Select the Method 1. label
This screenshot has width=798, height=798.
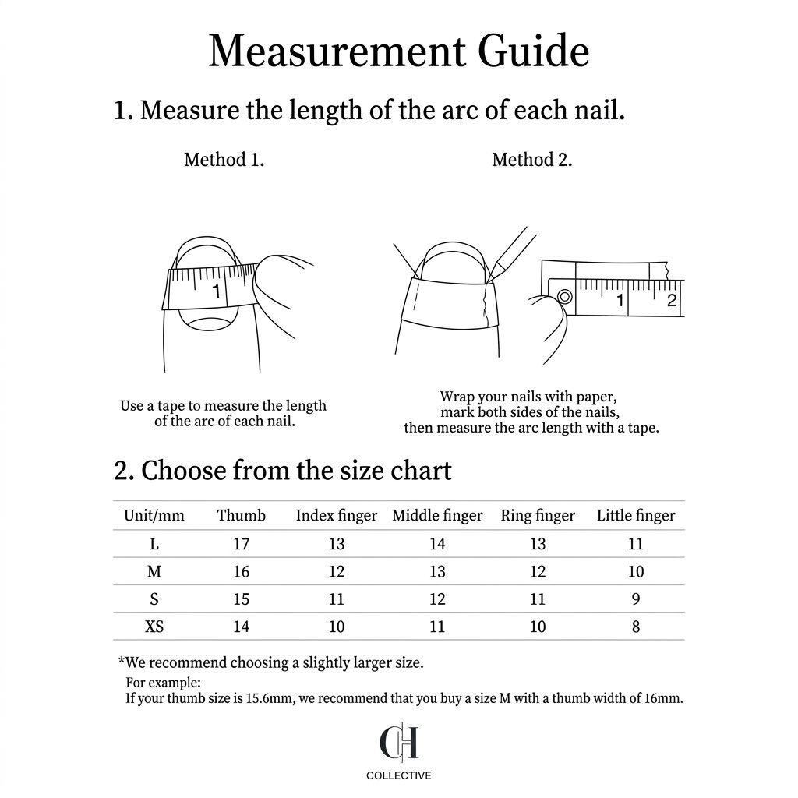pos(224,160)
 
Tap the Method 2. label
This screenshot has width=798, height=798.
pos(531,160)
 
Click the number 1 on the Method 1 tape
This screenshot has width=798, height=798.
pos(217,291)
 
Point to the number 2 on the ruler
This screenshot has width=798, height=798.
pos(672,301)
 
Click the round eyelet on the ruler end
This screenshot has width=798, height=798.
pos(564,296)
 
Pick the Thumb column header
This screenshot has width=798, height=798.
pos(241,515)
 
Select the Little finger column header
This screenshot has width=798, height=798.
pos(636,515)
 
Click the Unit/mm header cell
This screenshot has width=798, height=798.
pos(154,515)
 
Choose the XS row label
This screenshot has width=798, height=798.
pos(154,627)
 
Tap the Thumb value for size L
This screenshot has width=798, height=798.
pos(241,544)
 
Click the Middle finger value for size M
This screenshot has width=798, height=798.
pos(437,571)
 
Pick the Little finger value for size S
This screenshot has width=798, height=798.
pos(636,599)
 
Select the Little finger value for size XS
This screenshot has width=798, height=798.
pos(636,627)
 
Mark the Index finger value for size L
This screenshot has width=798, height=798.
pos(336,544)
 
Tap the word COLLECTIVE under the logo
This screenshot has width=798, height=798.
pos(399,775)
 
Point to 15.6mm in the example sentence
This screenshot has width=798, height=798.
pos(269,698)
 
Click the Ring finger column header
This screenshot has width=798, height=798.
pos(538,515)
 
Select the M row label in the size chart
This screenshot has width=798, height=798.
pos(154,571)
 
